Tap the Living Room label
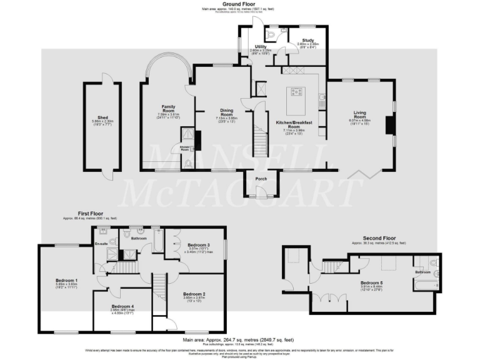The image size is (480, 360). (x=359, y=115)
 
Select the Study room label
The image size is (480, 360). (x=307, y=41)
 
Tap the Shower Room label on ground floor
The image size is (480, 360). (x=186, y=148)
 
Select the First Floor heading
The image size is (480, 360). (x=90, y=212)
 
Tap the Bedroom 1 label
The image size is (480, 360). (x=67, y=280)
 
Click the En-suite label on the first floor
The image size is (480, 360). (x=101, y=243)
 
